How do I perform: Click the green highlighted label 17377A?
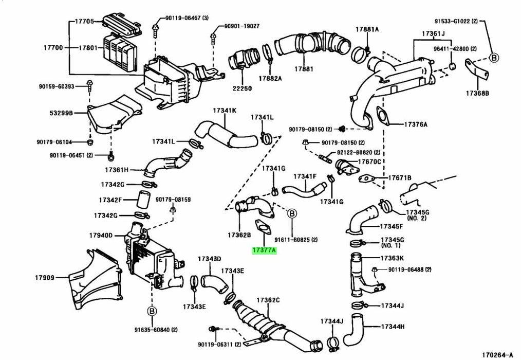(x=264, y=250)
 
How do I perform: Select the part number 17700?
(x=53, y=48)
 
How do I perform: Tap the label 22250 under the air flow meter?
(x=243, y=88)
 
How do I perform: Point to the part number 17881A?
(x=366, y=29)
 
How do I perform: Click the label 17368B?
(x=478, y=94)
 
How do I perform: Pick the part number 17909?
(x=45, y=278)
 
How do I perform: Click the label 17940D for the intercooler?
(x=101, y=236)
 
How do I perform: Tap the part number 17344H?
(x=393, y=327)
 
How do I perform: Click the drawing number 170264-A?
(x=497, y=354)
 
